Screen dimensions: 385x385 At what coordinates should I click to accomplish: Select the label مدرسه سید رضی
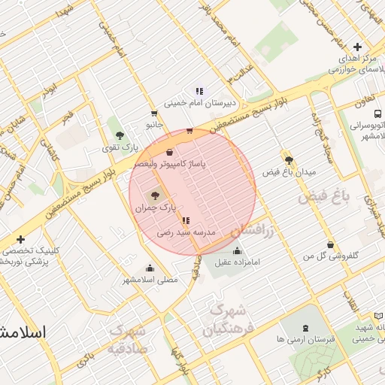click(186, 233)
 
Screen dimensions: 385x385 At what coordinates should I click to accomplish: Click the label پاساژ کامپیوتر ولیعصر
click(170, 163)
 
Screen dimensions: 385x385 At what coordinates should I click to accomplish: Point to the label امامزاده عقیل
click(238, 262)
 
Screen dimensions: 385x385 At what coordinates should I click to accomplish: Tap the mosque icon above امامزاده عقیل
click(238, 251)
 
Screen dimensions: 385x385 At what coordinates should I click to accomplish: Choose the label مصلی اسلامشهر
click(150, 280)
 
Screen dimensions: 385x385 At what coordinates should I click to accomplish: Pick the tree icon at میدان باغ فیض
click(289, 159)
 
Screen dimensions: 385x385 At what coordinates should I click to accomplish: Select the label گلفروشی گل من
click(330, 256)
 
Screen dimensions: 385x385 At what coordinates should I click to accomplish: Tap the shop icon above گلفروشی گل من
click(330, 244)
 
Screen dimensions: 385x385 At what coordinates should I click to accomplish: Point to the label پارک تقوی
click(120, 147)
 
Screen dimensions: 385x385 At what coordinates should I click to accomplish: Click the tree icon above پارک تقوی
click(120, 135)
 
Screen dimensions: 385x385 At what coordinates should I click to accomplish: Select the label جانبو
click(153, 124)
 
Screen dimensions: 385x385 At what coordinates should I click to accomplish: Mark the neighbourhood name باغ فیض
click(324, 198)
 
